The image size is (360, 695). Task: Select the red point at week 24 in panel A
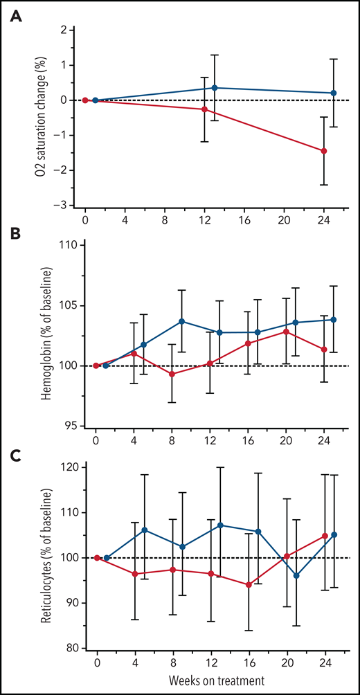pos(324,151)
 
